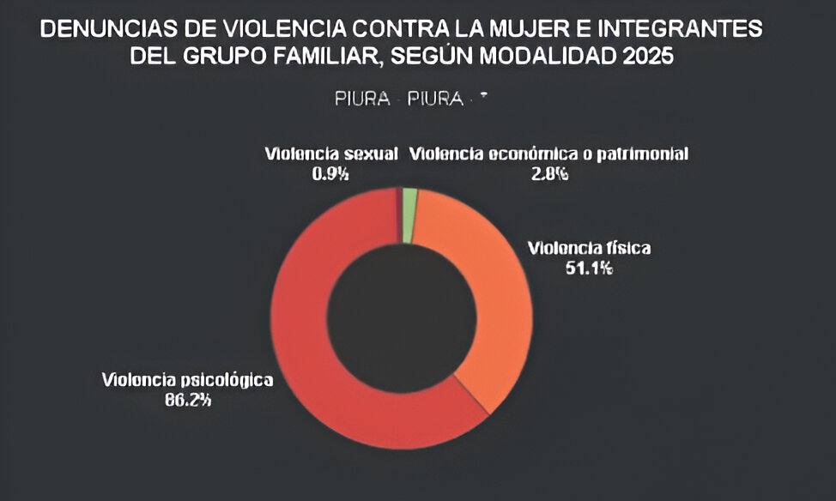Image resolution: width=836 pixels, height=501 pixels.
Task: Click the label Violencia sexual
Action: (331, 154)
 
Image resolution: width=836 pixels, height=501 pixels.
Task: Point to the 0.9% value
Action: (330, 173)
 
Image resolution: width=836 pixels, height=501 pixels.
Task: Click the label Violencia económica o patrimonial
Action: (548, 154)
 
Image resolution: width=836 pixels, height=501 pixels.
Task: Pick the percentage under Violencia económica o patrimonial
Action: (548, 173)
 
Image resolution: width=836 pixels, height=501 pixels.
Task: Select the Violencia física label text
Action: (589, 249)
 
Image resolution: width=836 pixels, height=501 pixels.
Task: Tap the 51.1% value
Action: (589, 268)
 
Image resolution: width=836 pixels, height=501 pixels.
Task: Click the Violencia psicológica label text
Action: (187, 379)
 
